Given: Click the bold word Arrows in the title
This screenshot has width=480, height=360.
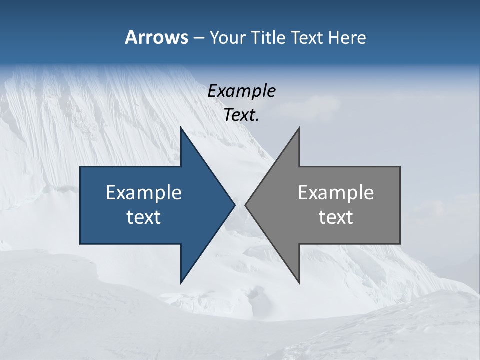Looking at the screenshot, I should click(x=156, y=37).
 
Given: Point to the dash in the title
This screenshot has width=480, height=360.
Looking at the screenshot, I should click(x=198, y=38).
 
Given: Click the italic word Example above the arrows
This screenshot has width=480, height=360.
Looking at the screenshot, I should click(x=241, y=91).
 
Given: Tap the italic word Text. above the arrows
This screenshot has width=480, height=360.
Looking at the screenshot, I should click(x=241, y=115).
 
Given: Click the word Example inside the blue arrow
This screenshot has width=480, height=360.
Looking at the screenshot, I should click(x=144, y=192).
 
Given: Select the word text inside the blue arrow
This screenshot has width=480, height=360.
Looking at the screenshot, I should click(x=144, y=217).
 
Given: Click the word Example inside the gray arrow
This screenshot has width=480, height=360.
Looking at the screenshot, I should click(x=336, y=192).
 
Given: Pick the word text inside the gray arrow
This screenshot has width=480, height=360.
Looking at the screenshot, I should click(x=336, y=217).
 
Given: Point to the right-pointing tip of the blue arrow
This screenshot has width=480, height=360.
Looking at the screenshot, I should click(x=235, y=205).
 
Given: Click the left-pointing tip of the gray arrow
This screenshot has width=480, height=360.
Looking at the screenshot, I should click(x=245, y=205).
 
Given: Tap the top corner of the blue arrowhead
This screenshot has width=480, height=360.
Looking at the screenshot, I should click(x=181, y=127).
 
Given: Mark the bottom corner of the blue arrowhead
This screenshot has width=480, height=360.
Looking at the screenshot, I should click(x=181, y=283).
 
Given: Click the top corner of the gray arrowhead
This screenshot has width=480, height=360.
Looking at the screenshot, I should click(x=299, y=127).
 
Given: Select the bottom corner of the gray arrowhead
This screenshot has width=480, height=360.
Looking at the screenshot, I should click(x=299, y=283).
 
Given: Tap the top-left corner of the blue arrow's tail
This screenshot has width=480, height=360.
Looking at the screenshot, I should click(x=80, y=167).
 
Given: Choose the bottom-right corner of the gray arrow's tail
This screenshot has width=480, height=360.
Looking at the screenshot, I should click(x=400, y=244).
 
